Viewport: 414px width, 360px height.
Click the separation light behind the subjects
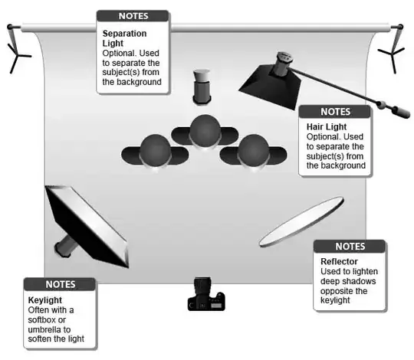pos(202,86)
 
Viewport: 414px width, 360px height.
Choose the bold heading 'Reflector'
pos(339,261)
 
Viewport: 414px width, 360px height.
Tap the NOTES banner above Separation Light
pos(133,15)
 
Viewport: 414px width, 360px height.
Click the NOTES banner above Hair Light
pos(334,111)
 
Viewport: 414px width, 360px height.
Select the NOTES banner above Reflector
pos(350,247)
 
